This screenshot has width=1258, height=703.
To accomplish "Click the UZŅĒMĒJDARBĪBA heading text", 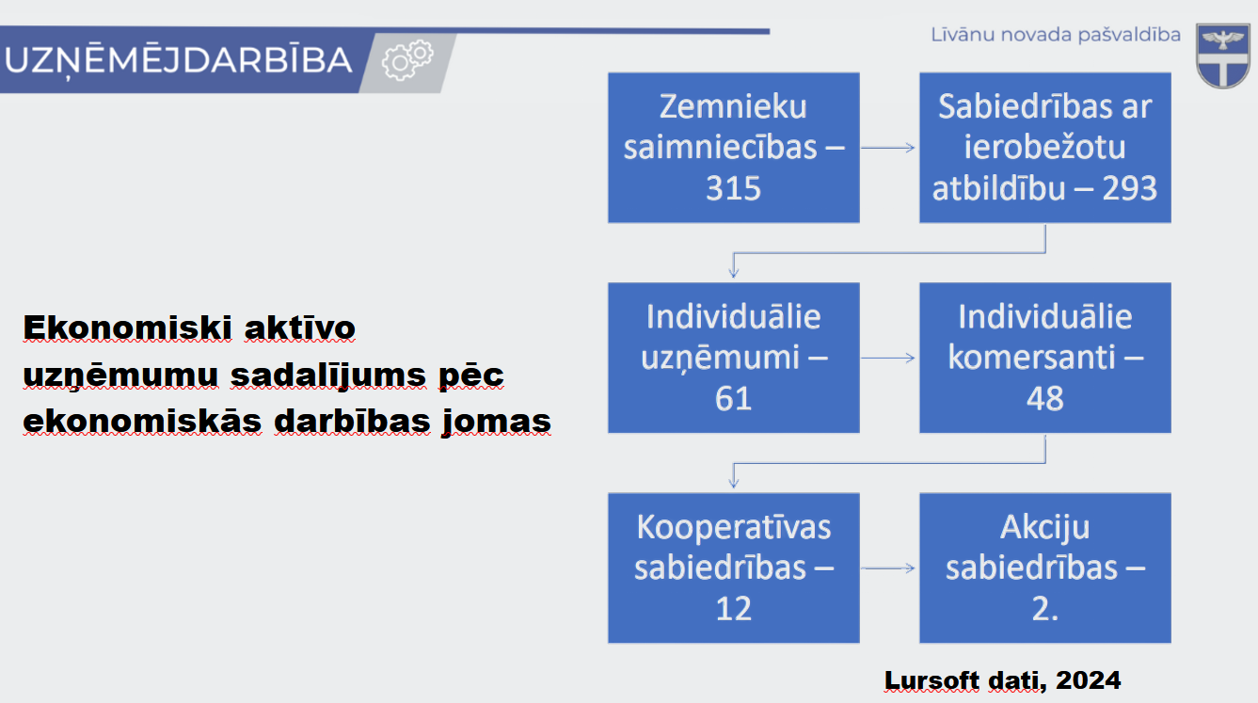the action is [x=179, y=60].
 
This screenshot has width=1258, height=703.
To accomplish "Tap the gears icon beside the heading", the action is [x=407, y=60].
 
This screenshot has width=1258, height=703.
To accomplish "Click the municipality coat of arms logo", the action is [x=1223, y=56].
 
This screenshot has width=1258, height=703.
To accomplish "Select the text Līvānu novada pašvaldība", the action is [x=1056, y=35].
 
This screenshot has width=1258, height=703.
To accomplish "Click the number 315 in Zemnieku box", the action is [x=734, y=188].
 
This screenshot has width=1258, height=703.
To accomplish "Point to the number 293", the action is [x=1129, y=188].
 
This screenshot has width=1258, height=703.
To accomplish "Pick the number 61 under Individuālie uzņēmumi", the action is [x=734, y=399].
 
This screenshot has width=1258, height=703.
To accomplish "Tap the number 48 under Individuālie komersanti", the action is [x=1045, y=399].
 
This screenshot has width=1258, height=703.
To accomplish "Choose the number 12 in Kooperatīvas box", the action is [x=734, y=609].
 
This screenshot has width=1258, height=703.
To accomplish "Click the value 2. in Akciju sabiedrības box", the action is [x=1045, y=609].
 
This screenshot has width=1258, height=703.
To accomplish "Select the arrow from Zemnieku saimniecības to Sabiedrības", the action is [x=888, y=148].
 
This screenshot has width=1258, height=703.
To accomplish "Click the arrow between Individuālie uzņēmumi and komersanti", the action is [x=888, y=359].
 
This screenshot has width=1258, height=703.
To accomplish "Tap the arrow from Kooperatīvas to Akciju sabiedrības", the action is [x=888, y=568].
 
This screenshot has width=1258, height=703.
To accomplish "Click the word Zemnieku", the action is [x=734, y=106].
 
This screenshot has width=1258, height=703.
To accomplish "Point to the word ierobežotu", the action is [x=1045, y=147].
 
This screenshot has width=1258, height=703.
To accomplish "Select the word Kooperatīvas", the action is [x=734, y=528].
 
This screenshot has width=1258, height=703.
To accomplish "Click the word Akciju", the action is [x=1045, y=528].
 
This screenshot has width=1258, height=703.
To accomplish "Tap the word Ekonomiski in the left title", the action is [x=127, y=328].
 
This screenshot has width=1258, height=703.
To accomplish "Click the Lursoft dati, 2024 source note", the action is [x=1002, y=680].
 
